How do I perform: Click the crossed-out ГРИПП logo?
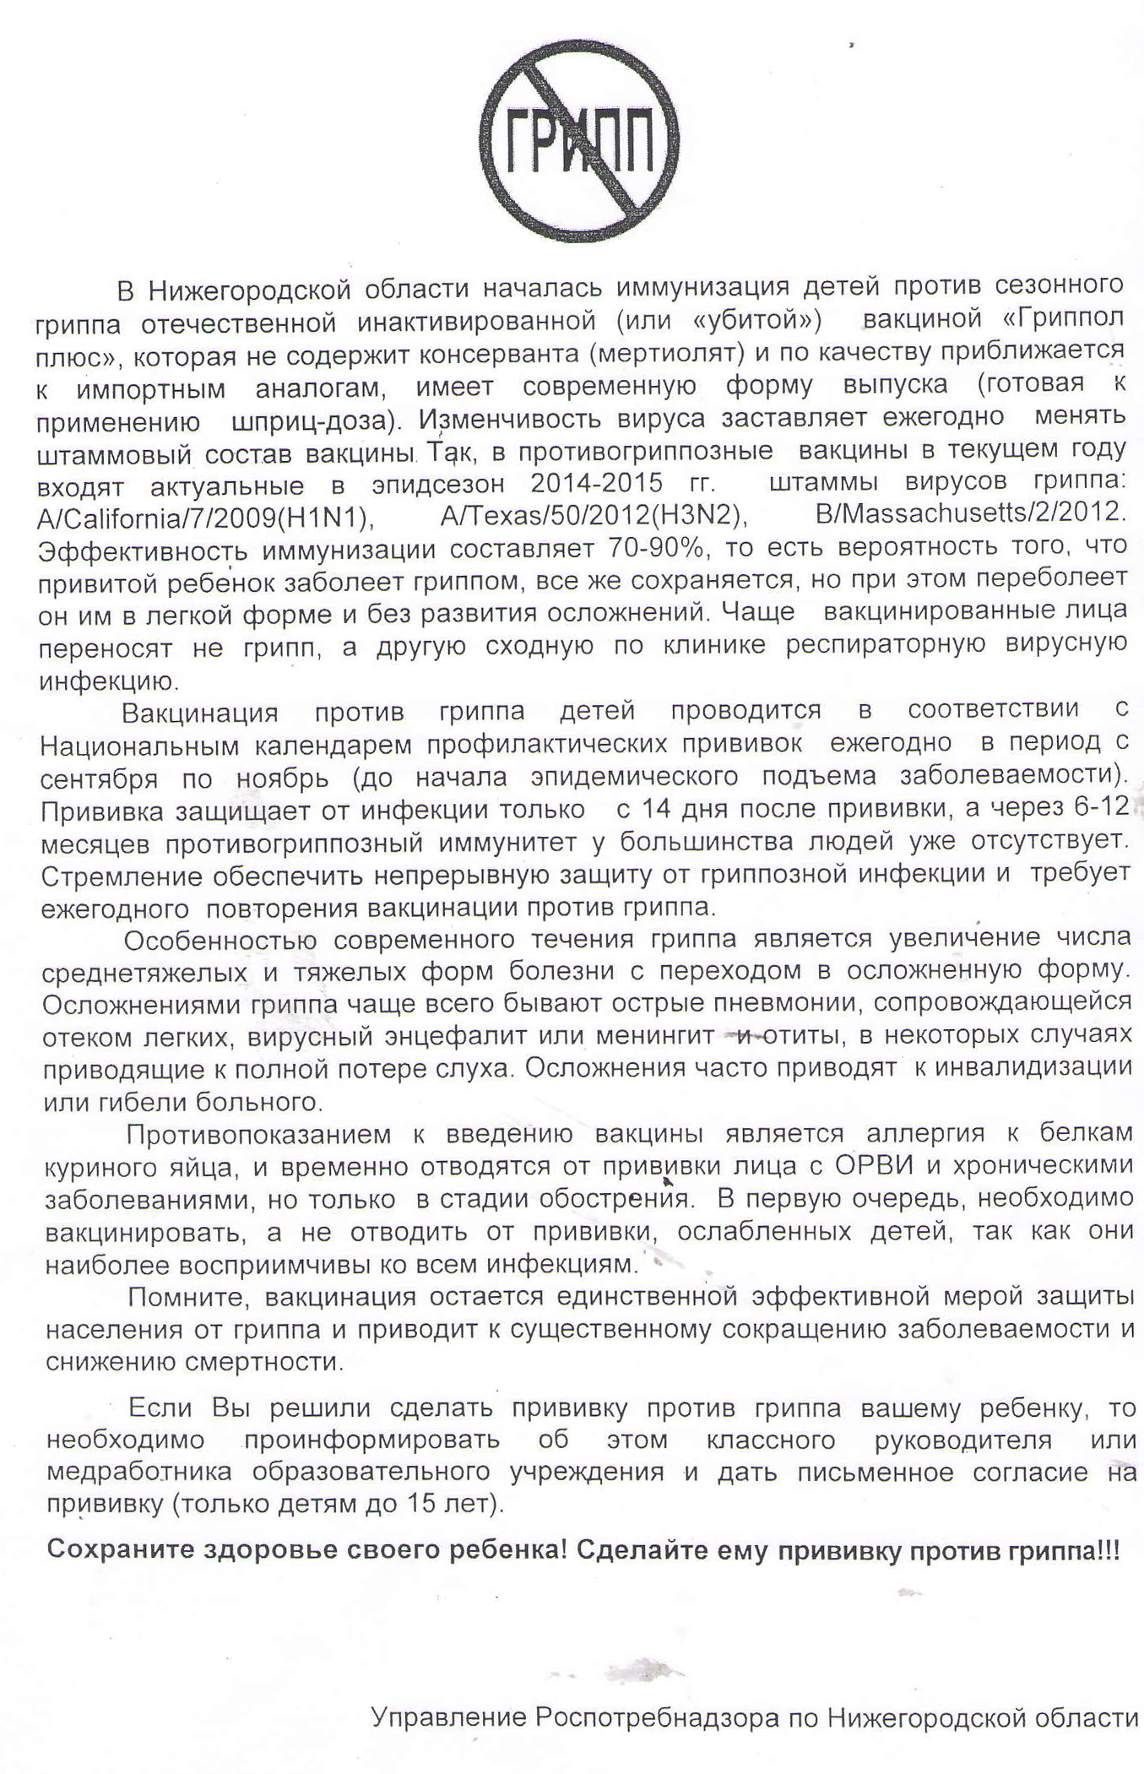coord(580,141)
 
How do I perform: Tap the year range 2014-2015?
coord(596,483)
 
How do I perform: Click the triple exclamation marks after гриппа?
coord(1109,1550)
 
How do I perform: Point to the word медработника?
coord(139,1472)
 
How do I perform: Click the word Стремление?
coord(122,876)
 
